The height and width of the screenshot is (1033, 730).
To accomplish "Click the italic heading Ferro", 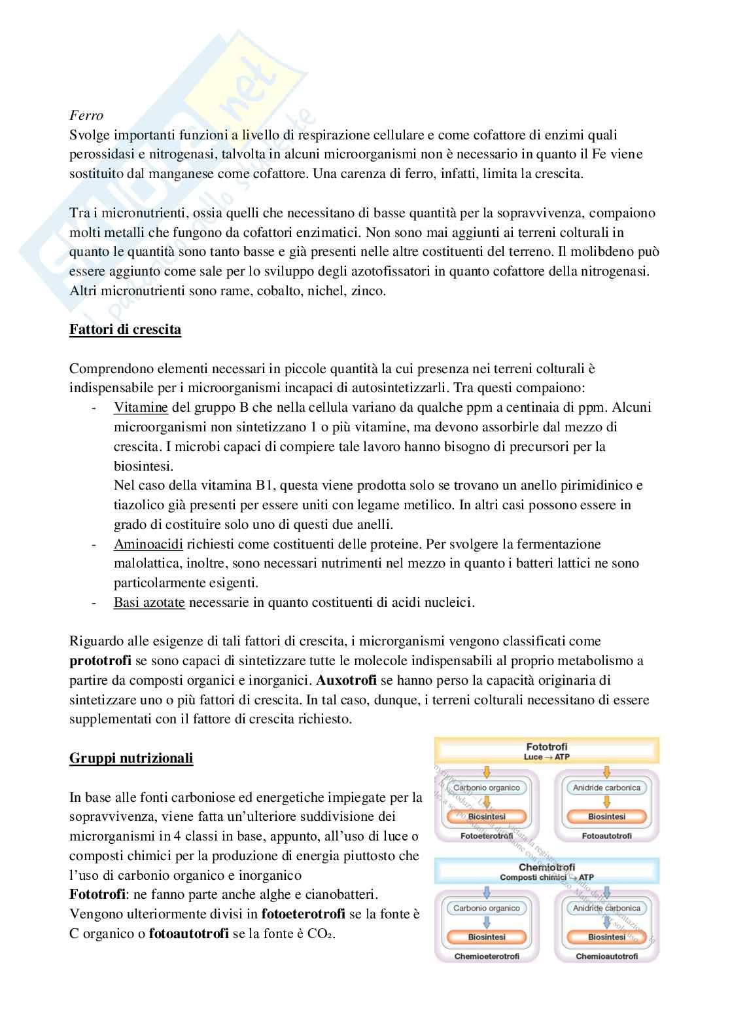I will point(86,116).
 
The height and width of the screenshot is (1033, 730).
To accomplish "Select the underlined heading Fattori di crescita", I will point(125,329).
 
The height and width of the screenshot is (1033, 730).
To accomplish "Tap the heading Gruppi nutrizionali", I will point(131,759).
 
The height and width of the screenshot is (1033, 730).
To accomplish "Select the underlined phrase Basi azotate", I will point(149,602).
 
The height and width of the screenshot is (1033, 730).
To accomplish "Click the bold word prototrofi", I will point(101,661).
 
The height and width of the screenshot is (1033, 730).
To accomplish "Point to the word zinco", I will point(369,291).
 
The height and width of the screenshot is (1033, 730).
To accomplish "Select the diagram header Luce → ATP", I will point(546,757).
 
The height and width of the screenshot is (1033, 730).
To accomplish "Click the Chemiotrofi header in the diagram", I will point(546,867).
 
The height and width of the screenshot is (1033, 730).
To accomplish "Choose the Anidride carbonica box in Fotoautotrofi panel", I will point(606,788).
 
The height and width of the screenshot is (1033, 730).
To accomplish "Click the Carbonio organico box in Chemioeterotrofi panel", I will point(487,908).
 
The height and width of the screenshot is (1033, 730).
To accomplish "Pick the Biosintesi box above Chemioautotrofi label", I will point(606,937).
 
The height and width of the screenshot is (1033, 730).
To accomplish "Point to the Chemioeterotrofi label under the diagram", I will point(487,956).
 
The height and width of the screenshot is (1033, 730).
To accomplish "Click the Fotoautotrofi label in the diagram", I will point(606,836).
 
